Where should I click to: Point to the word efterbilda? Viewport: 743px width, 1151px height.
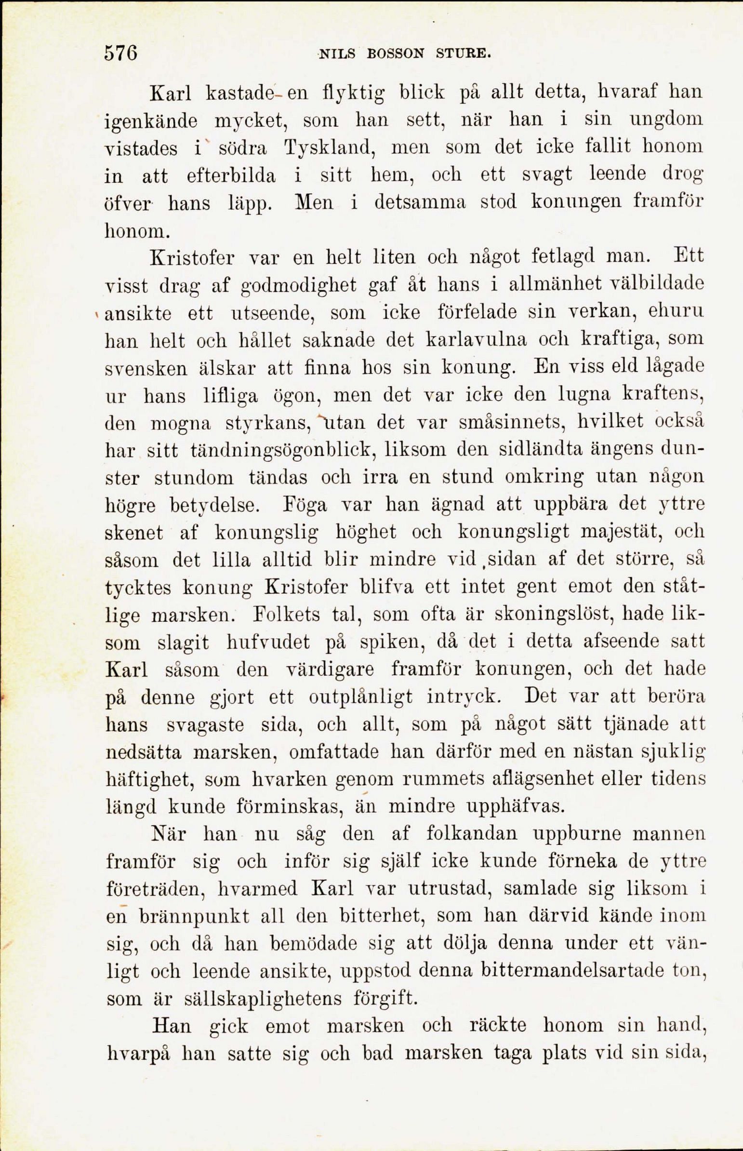click(231, 175)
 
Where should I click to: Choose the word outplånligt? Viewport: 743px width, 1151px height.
click(360, 697)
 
